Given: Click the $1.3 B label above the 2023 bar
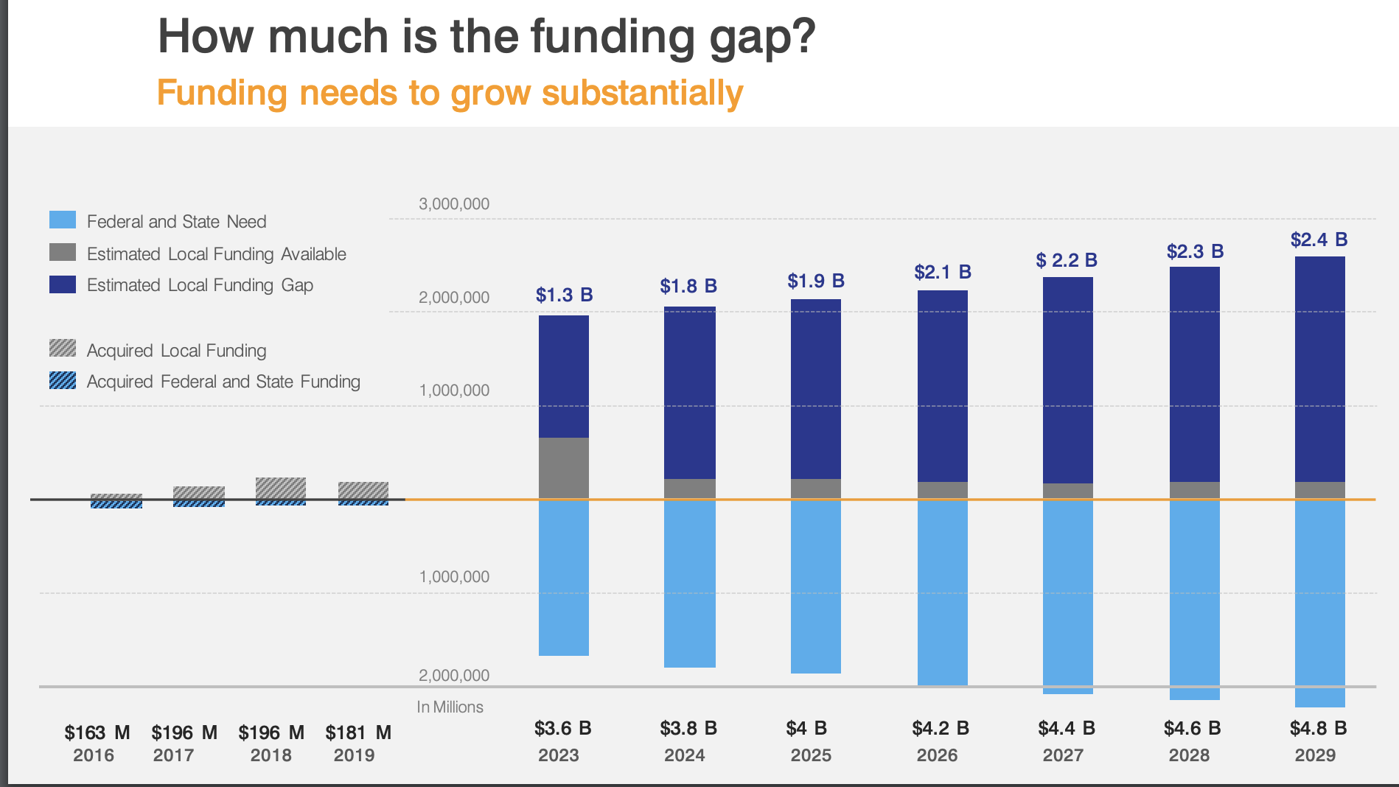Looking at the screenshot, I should pyautogui.click(x=564, y=295).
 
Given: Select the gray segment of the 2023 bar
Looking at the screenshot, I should pyautogui.click(x=564, y=468).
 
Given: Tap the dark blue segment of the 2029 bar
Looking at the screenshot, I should pyautogui.click(x=1319, y=368).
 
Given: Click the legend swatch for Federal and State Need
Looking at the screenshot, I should pyautogui.click(x=63, y=220).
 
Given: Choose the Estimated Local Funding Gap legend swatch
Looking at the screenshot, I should pyautogui.click(x=63, y=284).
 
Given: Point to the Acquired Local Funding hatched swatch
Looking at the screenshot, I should pyautogui.click(x=63, y=349).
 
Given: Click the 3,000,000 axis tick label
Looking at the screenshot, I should pyautogui.click(x=454, y=204).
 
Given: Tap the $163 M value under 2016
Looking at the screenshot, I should pyautogui.click(x=97, y=732).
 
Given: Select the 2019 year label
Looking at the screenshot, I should pyautogui.click(x=354, y=755).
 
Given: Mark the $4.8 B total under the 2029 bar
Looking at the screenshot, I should pyautogui.click(x=1318, y=728).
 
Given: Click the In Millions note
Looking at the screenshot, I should pyautogui.click(x=450, y=707).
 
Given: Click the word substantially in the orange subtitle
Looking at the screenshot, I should pyautogui.click(x=642, y=94).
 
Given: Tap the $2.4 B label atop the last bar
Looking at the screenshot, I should pyautogui.click(x=1319, y=239).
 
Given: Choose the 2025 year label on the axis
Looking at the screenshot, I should pyautogui.click(x=811, y=755).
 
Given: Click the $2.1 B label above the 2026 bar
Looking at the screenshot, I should pyautogui.click(x=943, y=272).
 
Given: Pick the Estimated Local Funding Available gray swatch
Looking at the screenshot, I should pyautogui.click(x=63, y=253).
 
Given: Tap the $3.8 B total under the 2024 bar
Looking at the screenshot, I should pyautogui.click(x=688, y=728).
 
